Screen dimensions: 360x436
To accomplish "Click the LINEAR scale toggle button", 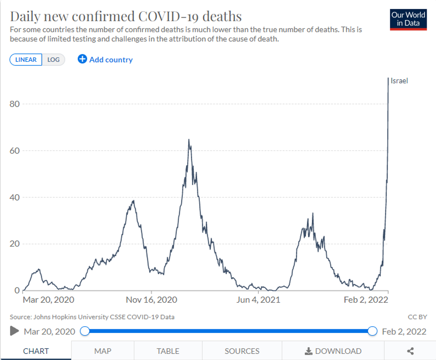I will [x=26, y=60].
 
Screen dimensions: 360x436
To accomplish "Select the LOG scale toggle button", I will [x=53, y=60].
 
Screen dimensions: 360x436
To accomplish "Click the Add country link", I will [x=105, y=60].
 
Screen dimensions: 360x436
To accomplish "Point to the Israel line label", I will [x=399, y=81].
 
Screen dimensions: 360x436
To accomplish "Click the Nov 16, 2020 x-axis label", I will [x=151, y=300].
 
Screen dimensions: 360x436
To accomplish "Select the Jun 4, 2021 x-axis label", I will [x=258, y=300].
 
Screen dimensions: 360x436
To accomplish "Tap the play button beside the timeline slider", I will [x=15, y=331].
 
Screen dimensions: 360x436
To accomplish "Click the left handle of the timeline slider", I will [x=85, y=331].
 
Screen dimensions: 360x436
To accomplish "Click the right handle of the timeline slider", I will [x=373, y=331].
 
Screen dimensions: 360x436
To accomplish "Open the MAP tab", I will [x=103, y=351].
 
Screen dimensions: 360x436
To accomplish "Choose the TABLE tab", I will [x=168, y=351].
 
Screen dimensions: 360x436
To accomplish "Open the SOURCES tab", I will [x=242, y=351].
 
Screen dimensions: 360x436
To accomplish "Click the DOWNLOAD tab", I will [x=333, y=351].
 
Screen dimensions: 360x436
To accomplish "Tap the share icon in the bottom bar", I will [x=410, y=351].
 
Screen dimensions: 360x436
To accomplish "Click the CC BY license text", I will [x=417, y=317].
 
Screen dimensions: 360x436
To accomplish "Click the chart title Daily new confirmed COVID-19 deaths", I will [x=126, y=16].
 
